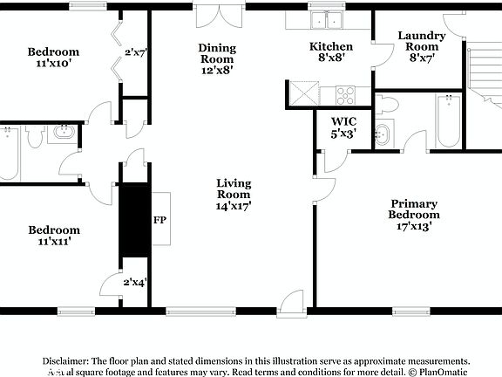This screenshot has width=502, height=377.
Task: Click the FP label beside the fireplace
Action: pos(160,220)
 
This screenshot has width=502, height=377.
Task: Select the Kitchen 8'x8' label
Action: pos(331,52)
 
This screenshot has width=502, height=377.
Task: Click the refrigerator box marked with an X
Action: pos(302,91)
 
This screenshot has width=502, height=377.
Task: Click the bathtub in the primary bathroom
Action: pos(447,120)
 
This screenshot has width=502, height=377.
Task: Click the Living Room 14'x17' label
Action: pos(234,195)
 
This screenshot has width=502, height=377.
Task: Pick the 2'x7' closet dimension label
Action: pos(135,53)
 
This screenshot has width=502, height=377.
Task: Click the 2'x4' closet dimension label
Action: pos(135,282)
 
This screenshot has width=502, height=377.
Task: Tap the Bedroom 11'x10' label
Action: pos(53,57)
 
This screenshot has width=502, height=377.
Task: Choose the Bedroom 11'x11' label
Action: pos(53,236)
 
